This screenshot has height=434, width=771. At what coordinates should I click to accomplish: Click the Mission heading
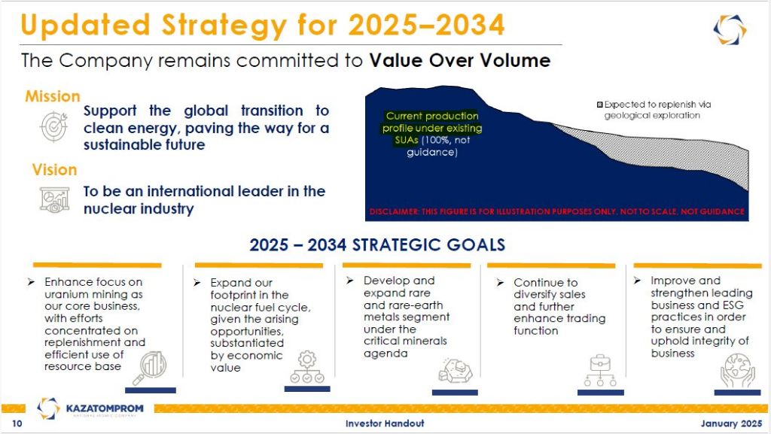pos(53,96)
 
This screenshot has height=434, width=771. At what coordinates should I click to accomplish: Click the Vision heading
pos(54,170)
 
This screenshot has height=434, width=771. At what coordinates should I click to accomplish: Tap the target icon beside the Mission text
pos(53,126)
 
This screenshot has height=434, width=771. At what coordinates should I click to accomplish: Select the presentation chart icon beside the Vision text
pos(54,199)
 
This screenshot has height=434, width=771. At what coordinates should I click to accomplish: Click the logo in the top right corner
pos(730,29)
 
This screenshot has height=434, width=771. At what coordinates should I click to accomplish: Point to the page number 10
pos(17,423)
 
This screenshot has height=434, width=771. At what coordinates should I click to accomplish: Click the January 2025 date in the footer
pos(731,423)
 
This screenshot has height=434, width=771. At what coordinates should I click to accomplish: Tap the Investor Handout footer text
pos(385,423)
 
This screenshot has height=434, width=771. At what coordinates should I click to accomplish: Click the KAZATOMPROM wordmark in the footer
pos(105,408)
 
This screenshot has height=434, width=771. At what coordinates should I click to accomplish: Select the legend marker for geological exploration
pos(600,105)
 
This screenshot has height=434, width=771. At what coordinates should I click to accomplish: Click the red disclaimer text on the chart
pos(556,211)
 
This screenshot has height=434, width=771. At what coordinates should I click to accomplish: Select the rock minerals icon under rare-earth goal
pos(456,370)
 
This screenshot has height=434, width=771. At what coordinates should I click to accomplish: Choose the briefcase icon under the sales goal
pos(600,370)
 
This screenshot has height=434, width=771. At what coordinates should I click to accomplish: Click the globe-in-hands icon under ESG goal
pos(737,371)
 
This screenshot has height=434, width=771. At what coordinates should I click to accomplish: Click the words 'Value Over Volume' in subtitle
pos(460,60)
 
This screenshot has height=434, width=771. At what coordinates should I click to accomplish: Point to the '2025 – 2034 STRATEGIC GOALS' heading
pos(377,244)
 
